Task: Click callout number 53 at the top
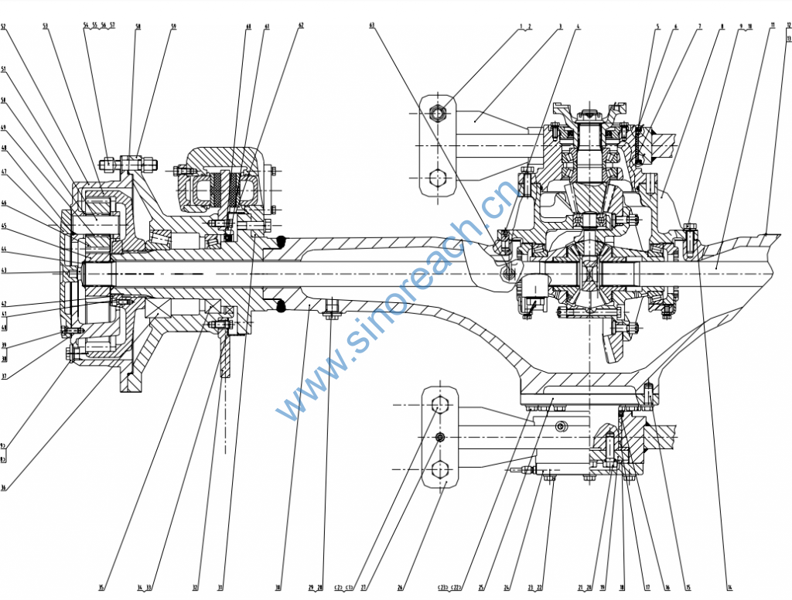point(46,26)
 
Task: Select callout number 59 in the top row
point(173,26)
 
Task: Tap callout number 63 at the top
point(372,26)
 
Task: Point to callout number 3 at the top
point(560,26)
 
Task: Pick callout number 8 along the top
point(722,26)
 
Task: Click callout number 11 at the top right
point(772,26)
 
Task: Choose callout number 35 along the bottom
point(101,588)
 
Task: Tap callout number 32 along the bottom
point(195,588)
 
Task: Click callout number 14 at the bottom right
point(727,588)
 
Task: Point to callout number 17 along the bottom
point(647,588)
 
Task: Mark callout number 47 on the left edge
point(4,172)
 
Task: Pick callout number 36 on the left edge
point(4,488)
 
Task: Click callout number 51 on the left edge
point(4,70)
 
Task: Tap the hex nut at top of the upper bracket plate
point(438,114)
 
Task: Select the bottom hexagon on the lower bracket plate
point(440,469)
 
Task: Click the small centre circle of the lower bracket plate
point(440,438)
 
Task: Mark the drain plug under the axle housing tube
point(332,312)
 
